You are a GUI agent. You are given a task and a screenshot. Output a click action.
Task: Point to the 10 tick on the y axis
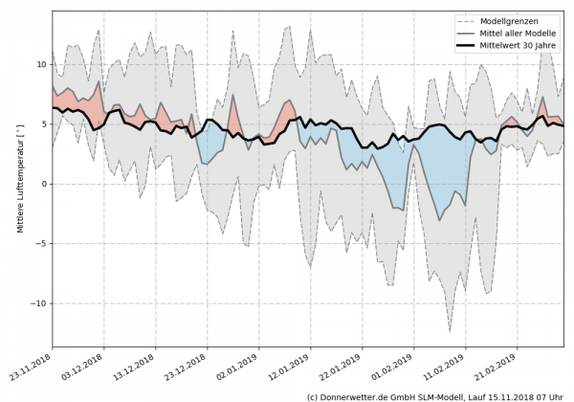click(39, 64)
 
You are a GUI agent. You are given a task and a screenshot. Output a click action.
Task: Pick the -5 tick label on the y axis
click(39, 243)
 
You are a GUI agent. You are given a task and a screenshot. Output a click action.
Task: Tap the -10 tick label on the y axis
click(36, 302)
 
